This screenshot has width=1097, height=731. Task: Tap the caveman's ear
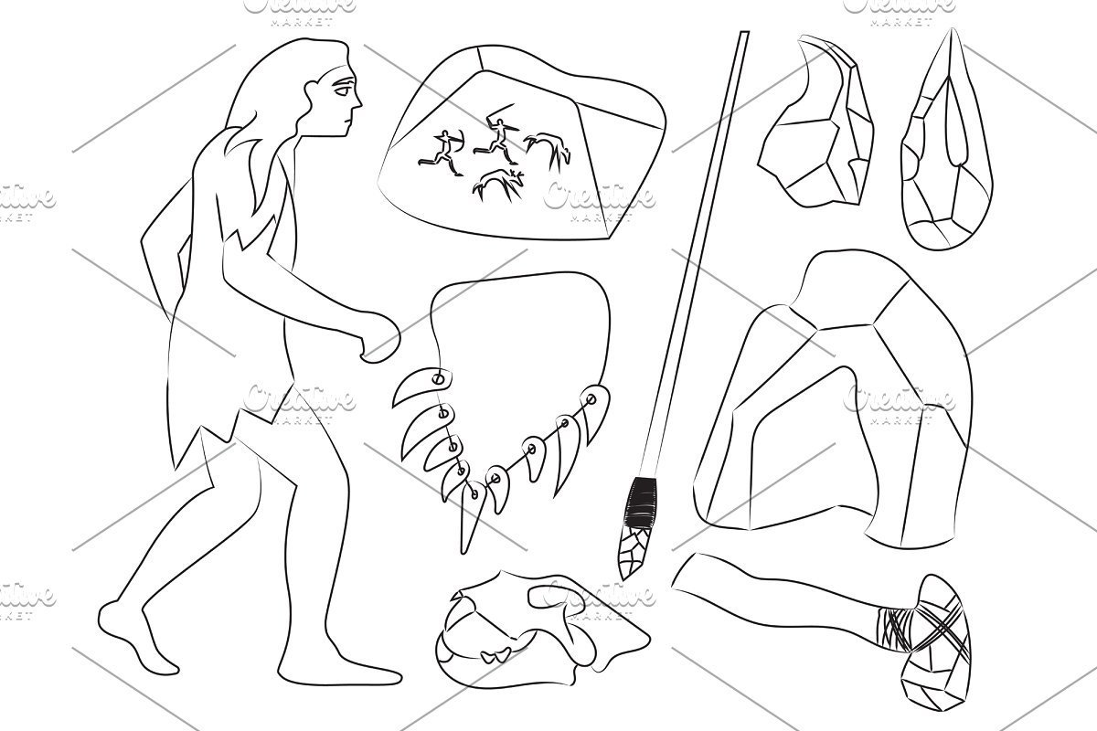tap(312, 93)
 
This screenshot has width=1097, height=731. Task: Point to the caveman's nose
tap(357, 100)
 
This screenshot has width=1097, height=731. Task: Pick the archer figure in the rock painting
tap(441, 153)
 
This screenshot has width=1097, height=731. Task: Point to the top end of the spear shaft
tap(744, 33)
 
